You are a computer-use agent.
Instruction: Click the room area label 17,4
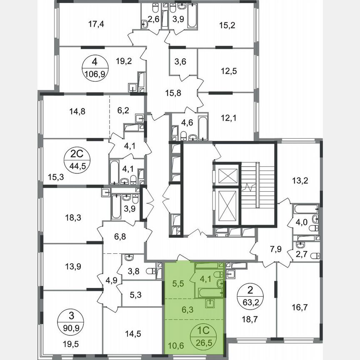[x=96, y=24]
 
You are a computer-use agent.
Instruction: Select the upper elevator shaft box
[x=227, y=174]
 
